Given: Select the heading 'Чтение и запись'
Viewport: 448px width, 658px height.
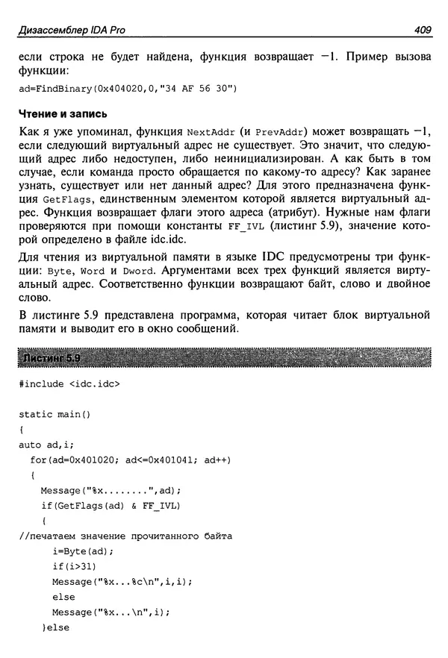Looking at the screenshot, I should coord(62,114).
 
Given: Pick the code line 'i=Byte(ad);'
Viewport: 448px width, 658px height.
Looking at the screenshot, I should coord(83,551).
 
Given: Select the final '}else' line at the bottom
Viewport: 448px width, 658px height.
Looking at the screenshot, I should coord(55,628).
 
